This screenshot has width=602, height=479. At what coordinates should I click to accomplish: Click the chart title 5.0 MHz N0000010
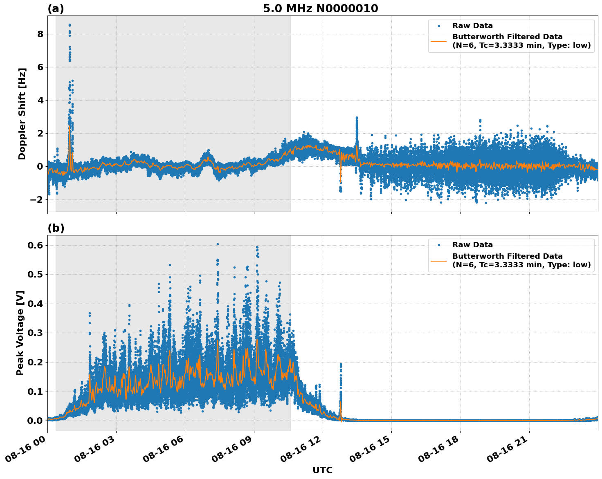(x=320, y=9)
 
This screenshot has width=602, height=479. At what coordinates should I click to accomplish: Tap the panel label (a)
(x=56, y=9)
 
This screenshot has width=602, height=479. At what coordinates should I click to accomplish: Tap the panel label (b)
(x=56, y=228)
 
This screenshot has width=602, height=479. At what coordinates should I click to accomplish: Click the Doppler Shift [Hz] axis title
(x=22, y=114)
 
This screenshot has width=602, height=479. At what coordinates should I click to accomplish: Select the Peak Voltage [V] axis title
(x=20, y=333)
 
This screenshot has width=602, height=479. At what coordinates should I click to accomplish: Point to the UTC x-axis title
(x=322, y=470)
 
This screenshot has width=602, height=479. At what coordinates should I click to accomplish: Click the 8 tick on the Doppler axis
(x=40, y=34)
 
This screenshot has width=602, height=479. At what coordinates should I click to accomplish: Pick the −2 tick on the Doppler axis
(x=37, y=199)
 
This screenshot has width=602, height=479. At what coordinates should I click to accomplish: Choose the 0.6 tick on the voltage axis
(x=37, y=245)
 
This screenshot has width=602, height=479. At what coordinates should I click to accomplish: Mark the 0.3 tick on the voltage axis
(x=37, y=333)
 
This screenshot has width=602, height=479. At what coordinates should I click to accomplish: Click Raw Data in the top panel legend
(x=472, y=26)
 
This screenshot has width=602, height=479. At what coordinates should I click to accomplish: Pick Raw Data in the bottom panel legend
(x=472, y=245)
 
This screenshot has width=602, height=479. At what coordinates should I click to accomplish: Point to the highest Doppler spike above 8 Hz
(x=70, y=25)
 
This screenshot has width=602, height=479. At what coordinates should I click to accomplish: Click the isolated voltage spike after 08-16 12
(x=341, y=364)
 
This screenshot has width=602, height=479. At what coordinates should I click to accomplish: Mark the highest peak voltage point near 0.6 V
(x=218, y=244)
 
